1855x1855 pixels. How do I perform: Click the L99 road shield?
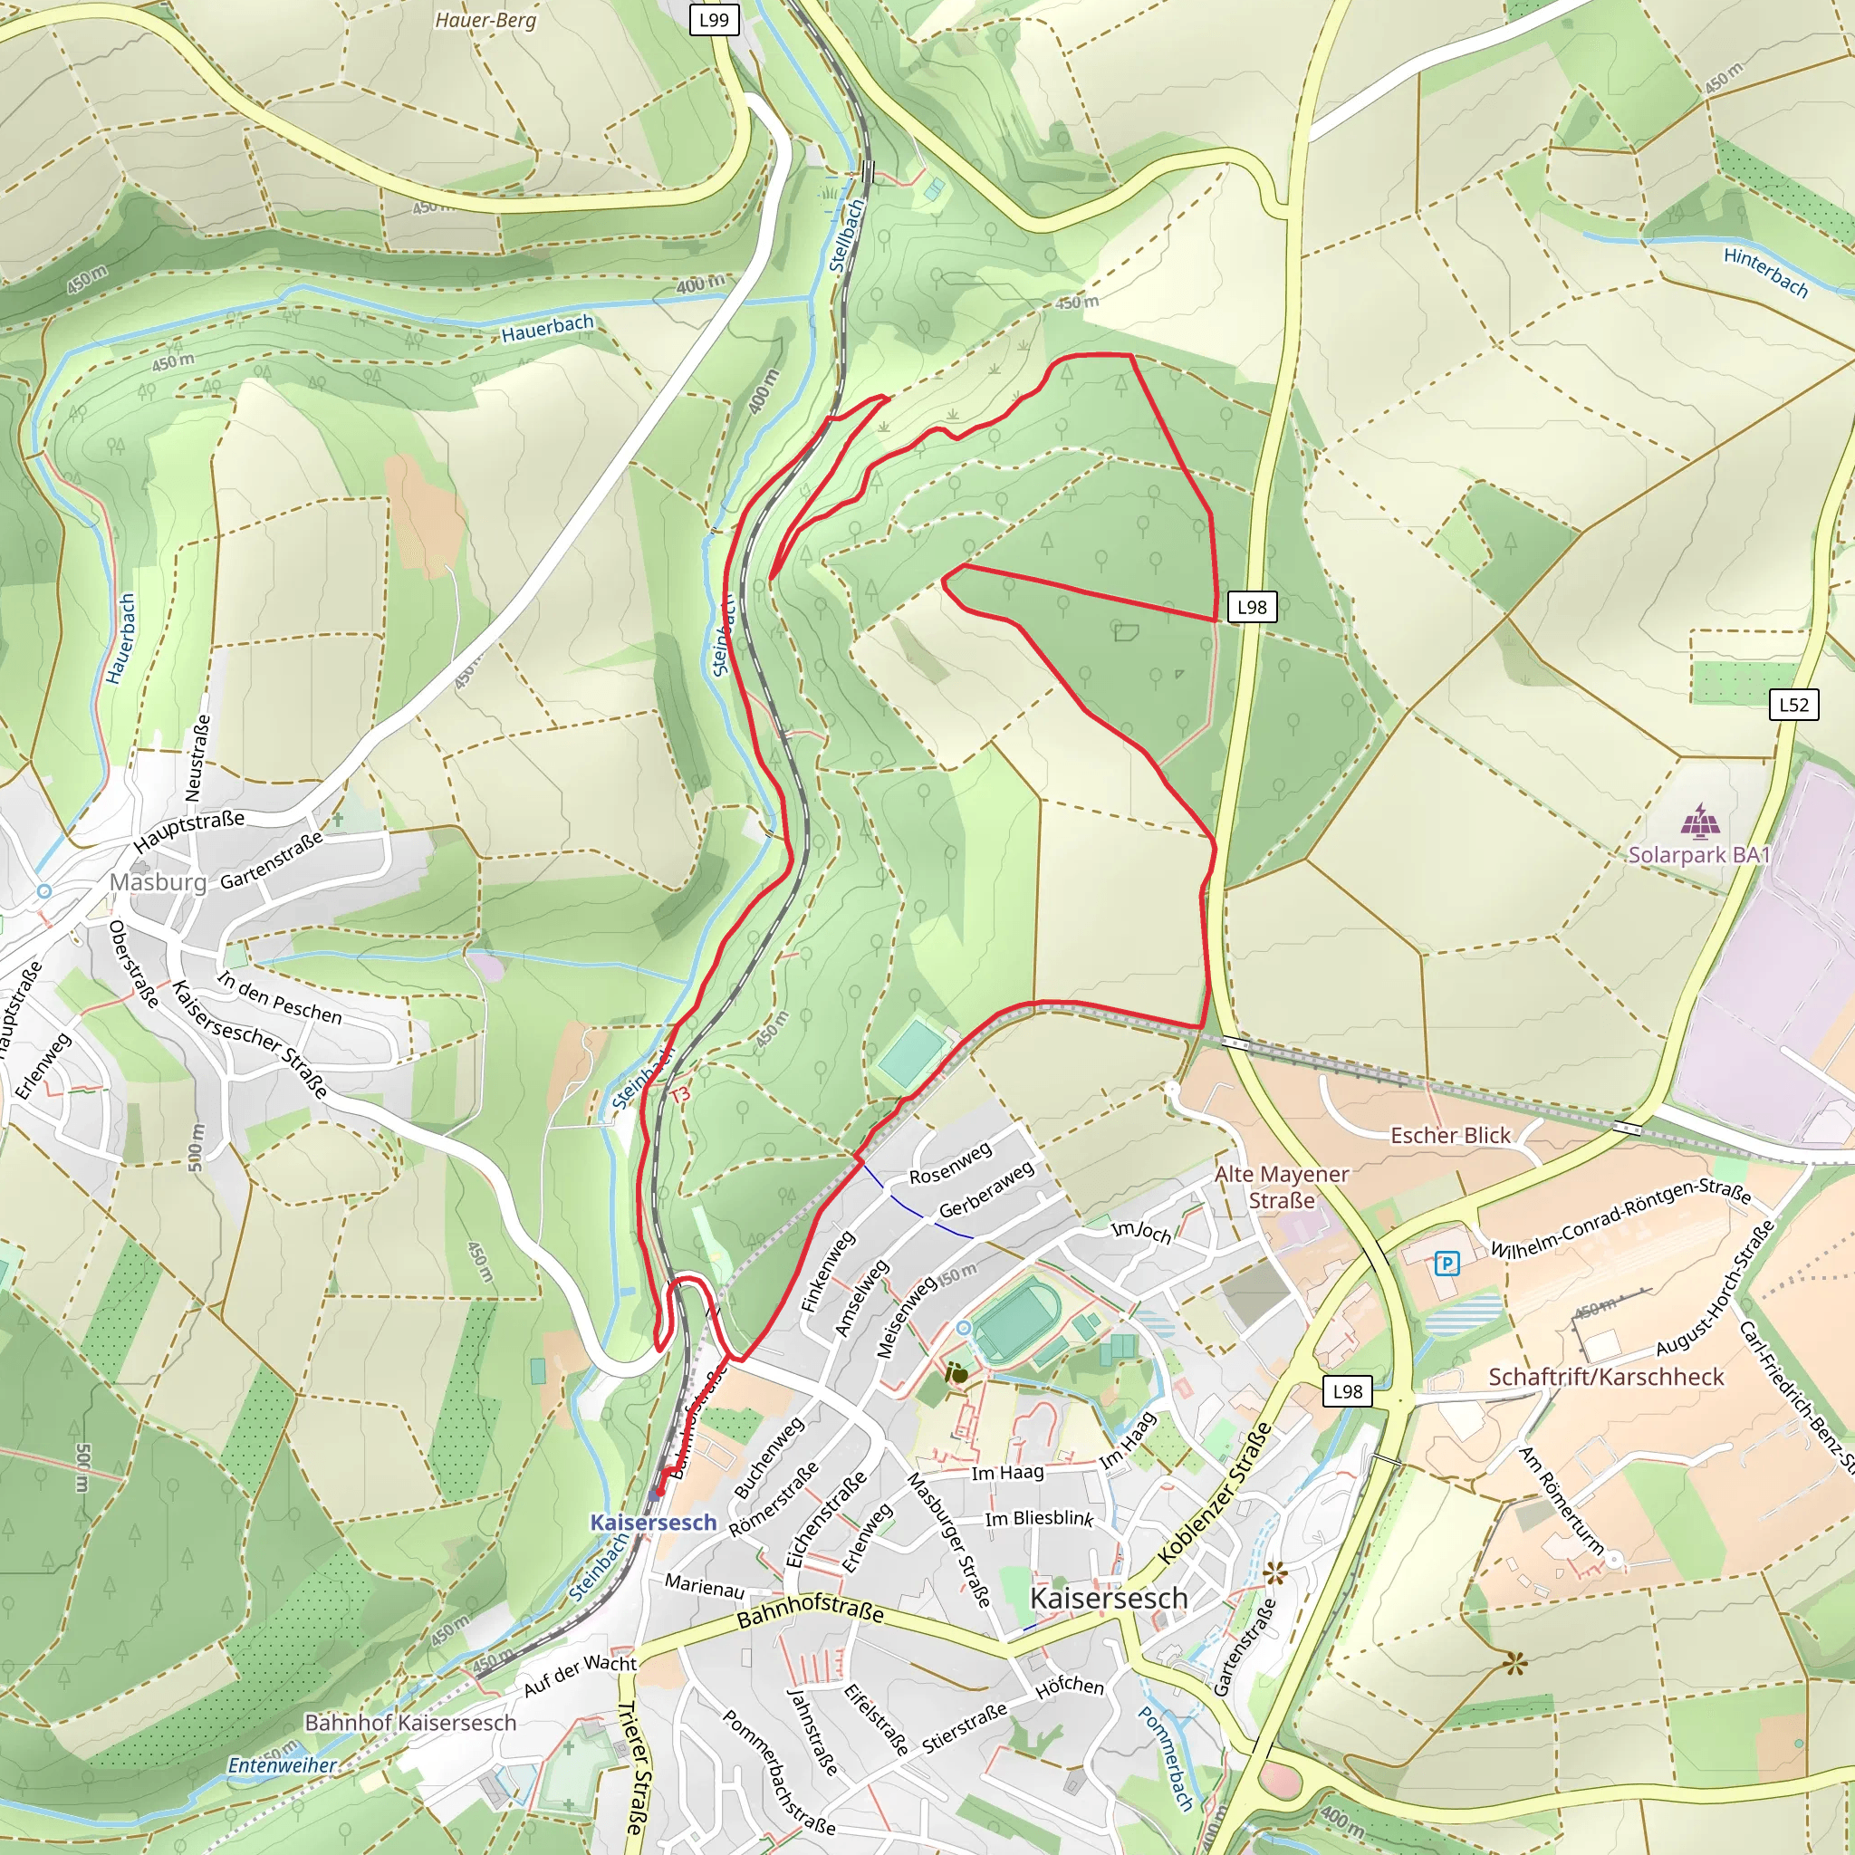click(714, 19)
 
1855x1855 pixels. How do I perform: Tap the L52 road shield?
click(1793, 705)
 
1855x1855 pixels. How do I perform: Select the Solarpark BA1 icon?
click(1699, 822)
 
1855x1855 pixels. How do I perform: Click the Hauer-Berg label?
click(485, 20)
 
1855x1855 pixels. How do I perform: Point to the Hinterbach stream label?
click(1764, 272)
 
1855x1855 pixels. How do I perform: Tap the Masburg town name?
click(158, 881)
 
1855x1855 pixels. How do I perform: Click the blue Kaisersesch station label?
click(653, 1522)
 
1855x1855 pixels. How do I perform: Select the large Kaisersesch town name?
click(1108, 1598)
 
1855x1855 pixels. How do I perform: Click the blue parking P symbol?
click(1446, 1263)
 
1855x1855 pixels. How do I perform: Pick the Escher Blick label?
click(1450, 1135)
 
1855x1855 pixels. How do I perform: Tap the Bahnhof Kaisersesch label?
click(410, 1723)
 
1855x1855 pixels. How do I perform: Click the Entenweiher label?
click(283, 1764)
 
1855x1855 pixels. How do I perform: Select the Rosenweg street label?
click(949, 1163)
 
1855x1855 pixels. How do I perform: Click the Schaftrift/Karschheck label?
click(1605, 1377)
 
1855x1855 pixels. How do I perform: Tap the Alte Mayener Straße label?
click(1281, 1187)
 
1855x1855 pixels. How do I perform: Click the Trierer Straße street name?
click(632, 1766)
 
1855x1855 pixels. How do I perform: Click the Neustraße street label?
click(196, 757)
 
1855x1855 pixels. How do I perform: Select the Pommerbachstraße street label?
click(778, 1773)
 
